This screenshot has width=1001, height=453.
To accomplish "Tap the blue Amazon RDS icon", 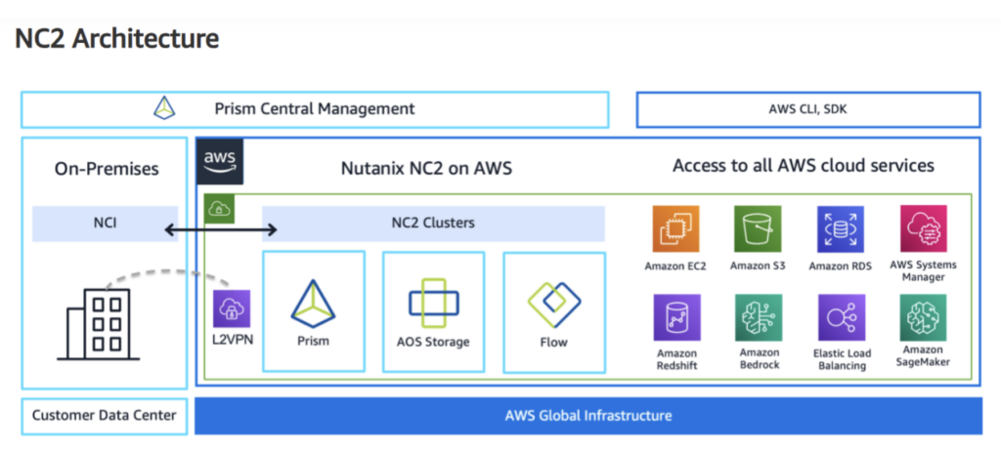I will (840, 229).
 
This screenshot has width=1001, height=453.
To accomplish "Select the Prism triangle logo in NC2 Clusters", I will (313, 303).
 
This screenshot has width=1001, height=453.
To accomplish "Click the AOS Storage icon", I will (433, 303).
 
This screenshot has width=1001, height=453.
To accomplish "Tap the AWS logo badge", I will (220, 162).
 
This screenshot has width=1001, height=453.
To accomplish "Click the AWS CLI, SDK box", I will (807, 109).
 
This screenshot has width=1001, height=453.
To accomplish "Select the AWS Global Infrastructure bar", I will (588, 416).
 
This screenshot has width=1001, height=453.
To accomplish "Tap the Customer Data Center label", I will (104, 416).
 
